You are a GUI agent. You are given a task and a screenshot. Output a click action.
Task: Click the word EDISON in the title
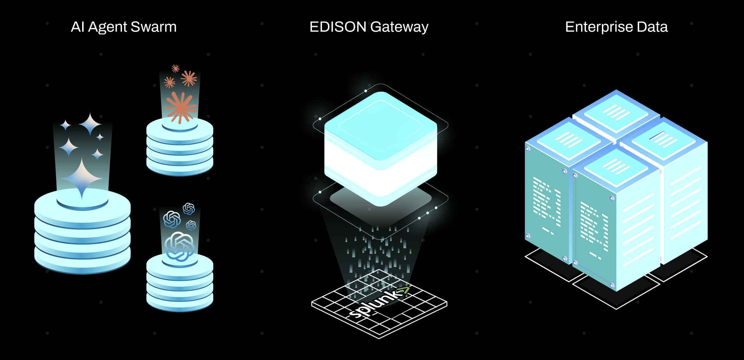(338, 27)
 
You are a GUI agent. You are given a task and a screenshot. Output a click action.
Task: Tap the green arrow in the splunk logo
(404, 289)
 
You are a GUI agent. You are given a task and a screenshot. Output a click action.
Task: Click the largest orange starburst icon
(180, 107)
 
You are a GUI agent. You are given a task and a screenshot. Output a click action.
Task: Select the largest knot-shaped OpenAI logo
(179, 246)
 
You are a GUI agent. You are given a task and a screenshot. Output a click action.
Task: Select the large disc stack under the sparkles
(82, 236)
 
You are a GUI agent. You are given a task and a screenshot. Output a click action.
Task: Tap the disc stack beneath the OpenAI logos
(179, 286)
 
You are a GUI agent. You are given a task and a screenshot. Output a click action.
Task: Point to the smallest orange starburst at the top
(175, 68)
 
